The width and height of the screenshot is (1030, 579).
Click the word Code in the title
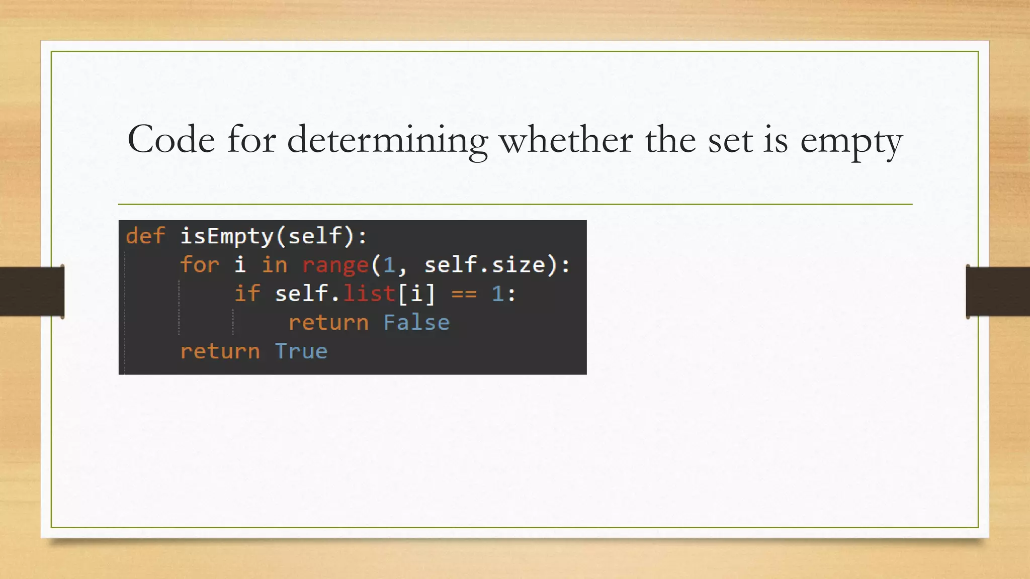click(171, 139)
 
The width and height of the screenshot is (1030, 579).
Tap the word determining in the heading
click(387, 140)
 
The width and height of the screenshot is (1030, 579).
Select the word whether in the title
click(566, 139)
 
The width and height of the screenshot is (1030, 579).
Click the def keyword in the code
click(145, 236)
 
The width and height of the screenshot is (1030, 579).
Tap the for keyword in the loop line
click(200, 265)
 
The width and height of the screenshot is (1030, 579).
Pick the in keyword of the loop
click(274, 265)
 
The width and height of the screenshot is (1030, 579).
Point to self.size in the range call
click(485, 265)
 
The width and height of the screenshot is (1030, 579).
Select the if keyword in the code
click(247, 294)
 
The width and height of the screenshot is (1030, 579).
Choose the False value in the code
click(416, 322)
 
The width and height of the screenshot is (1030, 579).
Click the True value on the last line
click(301, 351)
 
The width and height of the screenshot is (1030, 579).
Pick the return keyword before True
click(220, 351)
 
